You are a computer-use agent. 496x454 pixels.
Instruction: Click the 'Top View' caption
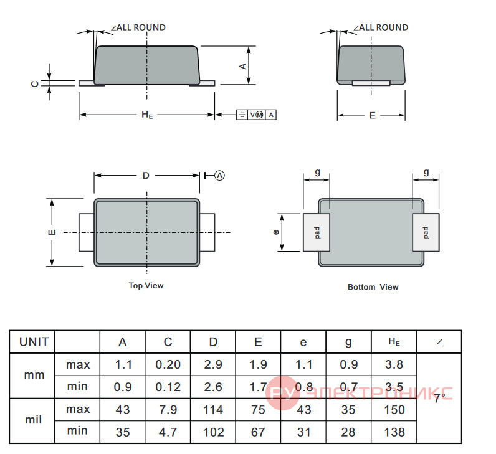pos(146,285)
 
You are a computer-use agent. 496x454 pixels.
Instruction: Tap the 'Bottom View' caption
pos(373,286)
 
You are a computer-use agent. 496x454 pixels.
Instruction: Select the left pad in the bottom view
pos(317,232)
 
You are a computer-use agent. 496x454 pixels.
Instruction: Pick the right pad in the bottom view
pos(426,232)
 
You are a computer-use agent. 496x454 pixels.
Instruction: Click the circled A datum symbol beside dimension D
pos(219,175)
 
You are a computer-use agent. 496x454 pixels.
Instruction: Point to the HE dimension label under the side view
pos(147,115)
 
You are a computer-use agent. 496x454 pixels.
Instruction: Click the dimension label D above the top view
pos(146,175)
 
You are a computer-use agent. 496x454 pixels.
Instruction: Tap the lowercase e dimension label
pos(276,232)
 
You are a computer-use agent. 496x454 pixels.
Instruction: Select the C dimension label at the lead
pos(35,84)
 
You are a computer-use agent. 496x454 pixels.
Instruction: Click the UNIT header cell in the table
pos(34,342)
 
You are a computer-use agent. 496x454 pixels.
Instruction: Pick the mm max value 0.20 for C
pos(168,364)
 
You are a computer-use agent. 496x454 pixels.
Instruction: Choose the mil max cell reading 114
pos(213,409)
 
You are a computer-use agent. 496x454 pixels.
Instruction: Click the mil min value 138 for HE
pos(394,432)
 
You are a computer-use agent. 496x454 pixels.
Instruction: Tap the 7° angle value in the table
pos(439,398)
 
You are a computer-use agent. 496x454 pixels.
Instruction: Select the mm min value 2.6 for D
pos(213,387)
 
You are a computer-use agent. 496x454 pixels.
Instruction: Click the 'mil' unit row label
pos(33,420)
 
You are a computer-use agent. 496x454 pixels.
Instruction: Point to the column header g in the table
pos(348,343)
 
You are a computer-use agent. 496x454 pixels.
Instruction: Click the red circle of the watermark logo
pos(282,393)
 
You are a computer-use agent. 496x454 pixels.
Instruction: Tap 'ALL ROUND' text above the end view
pos(384,27)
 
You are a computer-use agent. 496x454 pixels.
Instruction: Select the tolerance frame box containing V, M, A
pos(256,115)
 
